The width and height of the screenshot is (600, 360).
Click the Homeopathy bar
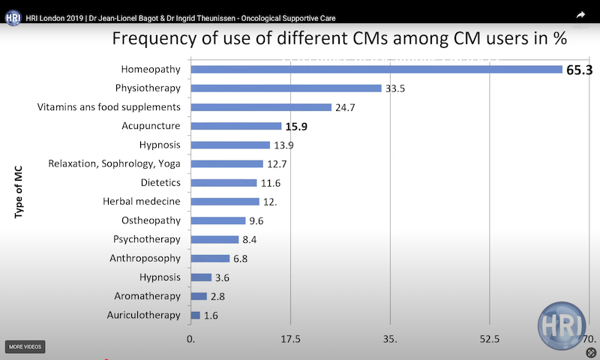(376, 69)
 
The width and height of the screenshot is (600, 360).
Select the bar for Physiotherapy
(286, 88)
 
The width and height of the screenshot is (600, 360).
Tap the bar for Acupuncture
(236, 126)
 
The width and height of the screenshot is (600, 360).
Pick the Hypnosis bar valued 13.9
(230, 145)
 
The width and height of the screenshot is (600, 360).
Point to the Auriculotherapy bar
(196, 316)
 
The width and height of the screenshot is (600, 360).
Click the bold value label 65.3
(579, 69)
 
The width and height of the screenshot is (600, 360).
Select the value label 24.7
(345, 107)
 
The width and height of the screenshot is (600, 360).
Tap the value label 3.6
(221, 277)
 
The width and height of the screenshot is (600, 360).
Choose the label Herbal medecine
(142, 201)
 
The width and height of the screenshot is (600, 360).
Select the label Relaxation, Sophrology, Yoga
(115, 163)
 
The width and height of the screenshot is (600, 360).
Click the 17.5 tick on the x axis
(290, 339)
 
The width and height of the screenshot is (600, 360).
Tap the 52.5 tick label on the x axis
(490, 339)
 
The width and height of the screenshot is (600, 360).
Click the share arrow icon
(580, 14)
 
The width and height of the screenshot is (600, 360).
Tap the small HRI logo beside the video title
(13, 16)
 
